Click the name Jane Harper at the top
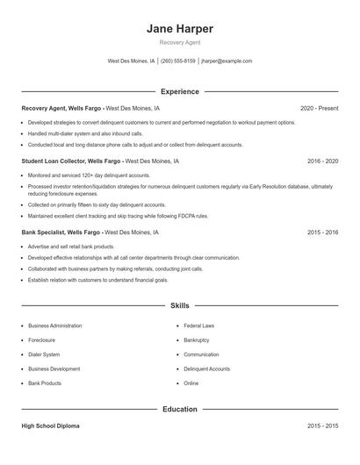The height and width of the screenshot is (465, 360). coord(180,29)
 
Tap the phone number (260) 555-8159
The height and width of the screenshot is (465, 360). coord(178,61)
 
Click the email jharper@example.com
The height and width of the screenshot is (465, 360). coord(227,61)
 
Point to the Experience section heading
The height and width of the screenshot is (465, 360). coord(180,91)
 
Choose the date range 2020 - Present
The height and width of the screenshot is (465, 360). coord(319,108)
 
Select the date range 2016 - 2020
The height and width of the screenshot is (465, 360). coord(322,161)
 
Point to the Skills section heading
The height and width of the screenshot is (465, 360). coord(180,305)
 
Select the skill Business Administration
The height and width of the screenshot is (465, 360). coord(55,325)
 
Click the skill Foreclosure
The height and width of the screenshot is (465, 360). coord(42,340)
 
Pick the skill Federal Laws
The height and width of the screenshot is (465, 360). coord(198,325)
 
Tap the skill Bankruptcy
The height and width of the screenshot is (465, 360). coord(197,340)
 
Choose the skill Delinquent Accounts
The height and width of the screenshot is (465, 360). coord(206,368)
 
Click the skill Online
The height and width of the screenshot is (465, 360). coord(191,383)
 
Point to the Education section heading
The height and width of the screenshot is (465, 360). coord(180,409)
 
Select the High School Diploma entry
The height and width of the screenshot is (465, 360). coord(52,426)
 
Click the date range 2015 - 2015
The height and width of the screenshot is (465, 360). coord(322,426)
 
